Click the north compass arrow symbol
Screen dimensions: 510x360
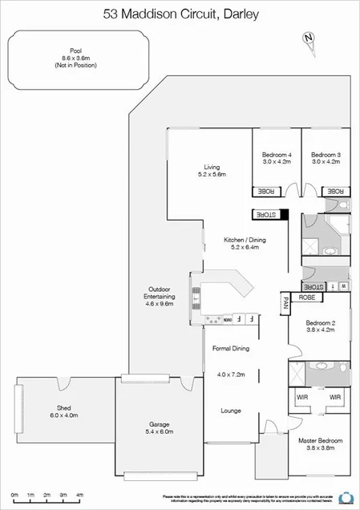pos(307,38)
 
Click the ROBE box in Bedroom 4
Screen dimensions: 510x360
pos(265,191)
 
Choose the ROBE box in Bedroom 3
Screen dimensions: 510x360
pos(335,191)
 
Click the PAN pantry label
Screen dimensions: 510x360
pos(285,303)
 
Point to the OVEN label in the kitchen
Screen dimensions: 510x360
pos(228,319)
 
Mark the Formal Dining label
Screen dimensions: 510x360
pos(231,349)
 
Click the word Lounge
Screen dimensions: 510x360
pos(232,411)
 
